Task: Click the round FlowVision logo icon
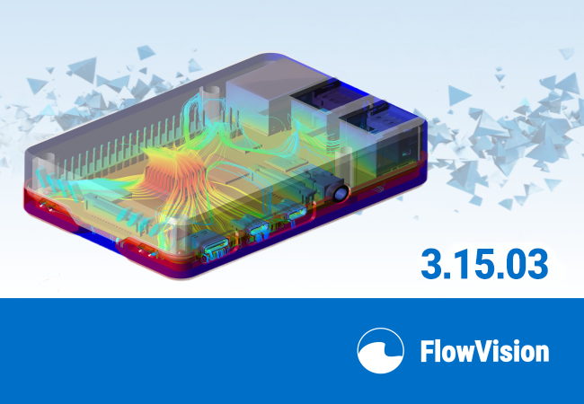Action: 380,351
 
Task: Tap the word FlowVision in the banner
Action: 484,351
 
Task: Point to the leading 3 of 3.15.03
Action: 432,264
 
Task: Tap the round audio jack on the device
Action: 341,193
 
